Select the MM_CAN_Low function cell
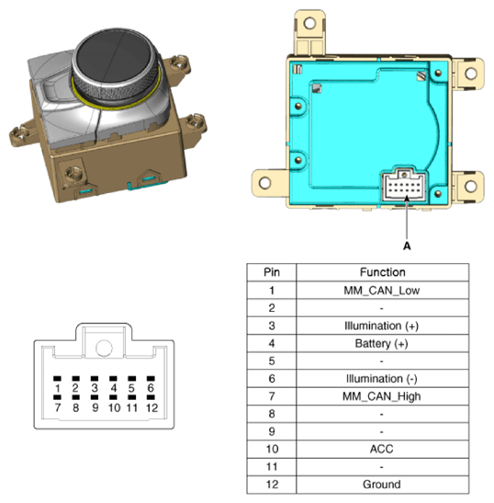(381, 291)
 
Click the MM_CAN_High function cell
(381, 395)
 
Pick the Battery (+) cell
(381, 343)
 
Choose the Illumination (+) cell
(381, 326)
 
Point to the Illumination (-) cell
(381, 378)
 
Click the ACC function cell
(381, 448)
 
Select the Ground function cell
(381, 484)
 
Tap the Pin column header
(271, 272)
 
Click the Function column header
(381, 272)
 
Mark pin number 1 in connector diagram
(57, 389)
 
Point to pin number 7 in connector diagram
(57, 406)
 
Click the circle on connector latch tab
(104, 348)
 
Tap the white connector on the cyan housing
(401, 187)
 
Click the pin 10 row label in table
(271, 448)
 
